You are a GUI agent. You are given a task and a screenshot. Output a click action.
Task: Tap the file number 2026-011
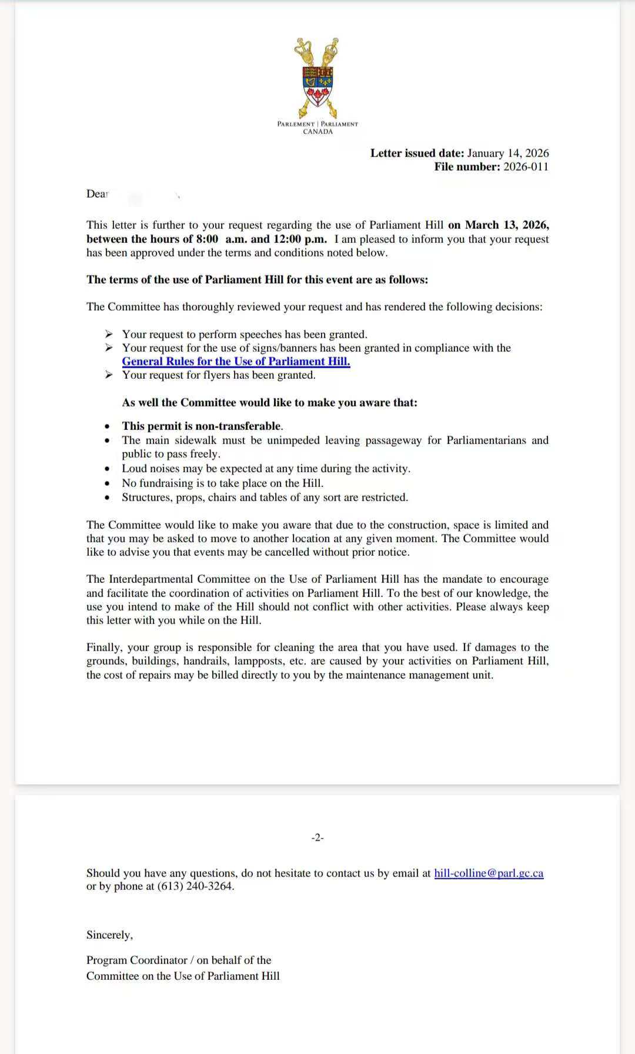526,167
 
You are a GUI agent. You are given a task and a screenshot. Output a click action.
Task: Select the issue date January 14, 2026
508,154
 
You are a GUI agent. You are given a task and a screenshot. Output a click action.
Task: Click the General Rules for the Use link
236,362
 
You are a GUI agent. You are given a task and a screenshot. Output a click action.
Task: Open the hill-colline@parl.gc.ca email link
489,873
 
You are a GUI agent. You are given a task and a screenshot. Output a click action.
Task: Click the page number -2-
317,838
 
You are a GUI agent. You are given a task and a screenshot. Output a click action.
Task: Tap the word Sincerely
109,935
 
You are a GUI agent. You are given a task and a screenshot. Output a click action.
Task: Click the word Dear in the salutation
98,194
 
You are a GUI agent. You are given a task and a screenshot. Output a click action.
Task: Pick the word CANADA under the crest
317,132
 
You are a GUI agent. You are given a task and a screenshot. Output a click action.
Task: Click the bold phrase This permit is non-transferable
202,426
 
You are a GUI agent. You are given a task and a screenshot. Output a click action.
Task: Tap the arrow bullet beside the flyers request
109,375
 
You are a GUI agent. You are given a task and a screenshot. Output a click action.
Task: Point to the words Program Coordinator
136,960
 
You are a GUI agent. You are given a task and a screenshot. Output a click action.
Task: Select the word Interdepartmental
151,579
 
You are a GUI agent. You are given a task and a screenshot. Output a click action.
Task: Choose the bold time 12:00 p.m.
300,239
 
